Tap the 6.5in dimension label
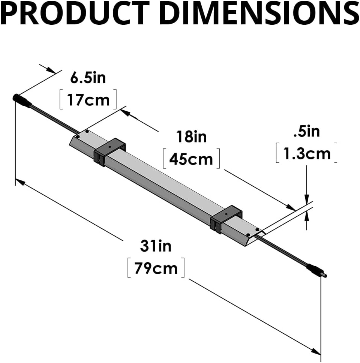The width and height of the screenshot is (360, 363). (88, 78)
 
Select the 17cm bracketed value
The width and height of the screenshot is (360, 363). (88, 99)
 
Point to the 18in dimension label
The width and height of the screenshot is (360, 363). (192, 137)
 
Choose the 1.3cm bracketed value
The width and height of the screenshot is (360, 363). (306, 154)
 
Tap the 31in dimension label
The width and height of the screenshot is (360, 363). (156, 246)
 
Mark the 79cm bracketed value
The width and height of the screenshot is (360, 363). (156, 268)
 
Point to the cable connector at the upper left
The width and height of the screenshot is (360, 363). (22, 101)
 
